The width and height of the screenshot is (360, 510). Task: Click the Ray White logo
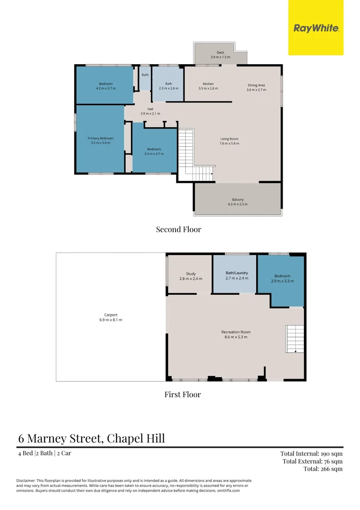[x=316, y=28]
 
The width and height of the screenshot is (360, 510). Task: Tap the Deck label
[x=220, y=52]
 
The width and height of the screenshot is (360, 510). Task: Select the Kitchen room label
[x=208, y=84]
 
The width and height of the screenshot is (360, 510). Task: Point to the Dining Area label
[x=256, y=85]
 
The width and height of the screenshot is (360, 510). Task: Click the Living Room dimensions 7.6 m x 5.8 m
[x=229, y=144]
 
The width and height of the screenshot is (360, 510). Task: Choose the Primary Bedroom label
[x=100, y=138]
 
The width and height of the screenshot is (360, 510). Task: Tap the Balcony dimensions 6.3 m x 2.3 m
[x=237, y=204]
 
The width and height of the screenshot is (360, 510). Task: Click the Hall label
[x=150, y=109]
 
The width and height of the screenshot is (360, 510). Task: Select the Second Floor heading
[x=178, y=229]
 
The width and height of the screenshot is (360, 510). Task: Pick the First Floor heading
[x=182, y=394]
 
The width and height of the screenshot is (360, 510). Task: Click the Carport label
[x=111, y=315]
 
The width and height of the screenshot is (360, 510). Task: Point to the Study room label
[x=191, y=274]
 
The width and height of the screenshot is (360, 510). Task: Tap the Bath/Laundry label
[x=237, y=273]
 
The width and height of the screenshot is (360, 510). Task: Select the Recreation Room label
[x=236, y=332]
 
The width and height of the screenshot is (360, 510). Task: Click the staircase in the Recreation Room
[x=295, y=339]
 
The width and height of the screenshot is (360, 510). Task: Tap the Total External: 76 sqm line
[x=312, y=461]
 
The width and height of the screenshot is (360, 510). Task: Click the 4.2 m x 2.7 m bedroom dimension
[x=106, y=88]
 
